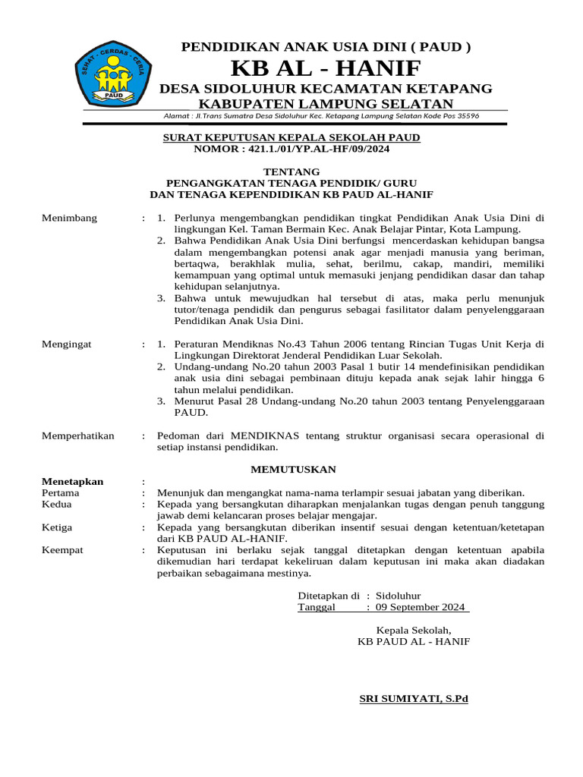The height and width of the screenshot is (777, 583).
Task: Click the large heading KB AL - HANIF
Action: pyautogui.click(x=326, y=68)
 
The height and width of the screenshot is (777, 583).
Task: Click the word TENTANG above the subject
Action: pyautogui.click(x=291, y=171)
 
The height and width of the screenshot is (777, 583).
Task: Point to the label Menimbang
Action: pyautogui.click(x=70, y=218)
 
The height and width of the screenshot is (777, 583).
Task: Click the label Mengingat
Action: pyautogui.click(x=67, y=344)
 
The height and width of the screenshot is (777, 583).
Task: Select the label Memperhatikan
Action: pyautogui.click(x=78, y=436)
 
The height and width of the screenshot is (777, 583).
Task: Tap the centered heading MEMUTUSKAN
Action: pyautogui.click(x=293, y=470)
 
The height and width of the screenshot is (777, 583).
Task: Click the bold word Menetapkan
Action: pyautogui.click(x=73, y=481)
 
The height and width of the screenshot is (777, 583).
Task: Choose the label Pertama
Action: pyautogui.click(x=61, y=492)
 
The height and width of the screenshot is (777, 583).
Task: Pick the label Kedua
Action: pyautogui.click(x=57, y=504)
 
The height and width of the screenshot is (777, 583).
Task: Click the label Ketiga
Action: pyautogui.click(x=58, y=527)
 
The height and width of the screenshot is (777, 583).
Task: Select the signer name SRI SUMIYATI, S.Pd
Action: pyautogui.click(x=414, y=699)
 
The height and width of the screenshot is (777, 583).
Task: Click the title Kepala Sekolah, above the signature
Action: pyautogui.click(x=414, y=630)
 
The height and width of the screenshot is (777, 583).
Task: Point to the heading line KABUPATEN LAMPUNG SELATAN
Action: pyautogui.click(x=326, y=103)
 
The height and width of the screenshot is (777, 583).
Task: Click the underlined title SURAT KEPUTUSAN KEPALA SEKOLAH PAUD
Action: pyautogui.click(x=291, y=137)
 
